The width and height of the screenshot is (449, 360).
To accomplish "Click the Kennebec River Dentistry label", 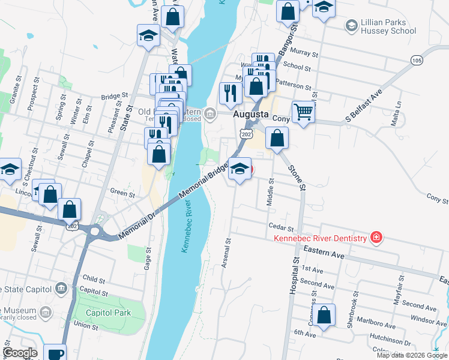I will pyautogui.click(x=320, y=238).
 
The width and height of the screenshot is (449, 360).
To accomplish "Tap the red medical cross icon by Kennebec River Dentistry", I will pyautogui.click(x=376, y=238).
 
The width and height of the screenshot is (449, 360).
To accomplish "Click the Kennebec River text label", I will pyautogui.click(x=188, y=229).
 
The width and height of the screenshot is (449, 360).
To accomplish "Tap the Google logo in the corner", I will pyautogui.click(x=20, y=353).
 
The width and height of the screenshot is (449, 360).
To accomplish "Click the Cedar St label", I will pyautogui.click(x=281, y=228).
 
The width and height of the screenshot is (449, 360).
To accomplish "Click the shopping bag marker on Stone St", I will pyautogui.click(x=277, y=137).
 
